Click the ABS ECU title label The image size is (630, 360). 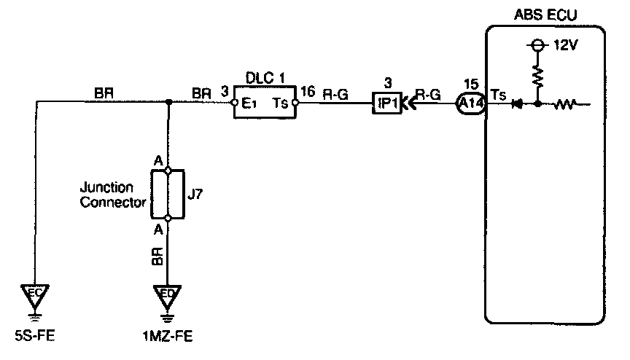tap(545, 14)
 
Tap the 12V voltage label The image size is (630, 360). tap(564, 45)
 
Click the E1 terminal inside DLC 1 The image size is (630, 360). tap(248, 103)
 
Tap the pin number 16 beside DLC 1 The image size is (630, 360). tap(308, 93)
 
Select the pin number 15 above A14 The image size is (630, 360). tap(470, 84)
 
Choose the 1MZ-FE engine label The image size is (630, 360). tap(168, 336)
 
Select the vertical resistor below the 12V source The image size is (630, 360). tap(537, 75)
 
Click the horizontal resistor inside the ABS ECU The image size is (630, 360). tap(564, 103)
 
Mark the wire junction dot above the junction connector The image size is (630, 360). tap(168, 103)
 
